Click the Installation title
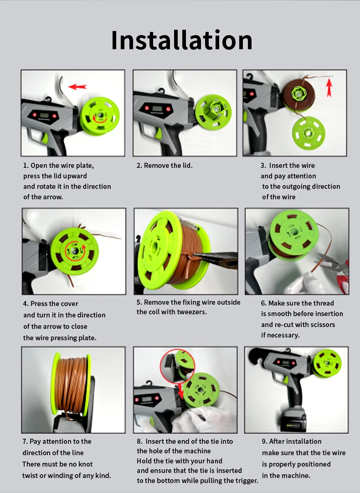[181, 40]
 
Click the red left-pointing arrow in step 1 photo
[77, 87]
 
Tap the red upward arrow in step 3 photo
[329, 87]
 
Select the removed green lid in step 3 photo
[309, 133]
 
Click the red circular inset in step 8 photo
[177, 366]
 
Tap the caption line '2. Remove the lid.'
[165, 166]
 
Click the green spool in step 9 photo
[327, 364]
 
